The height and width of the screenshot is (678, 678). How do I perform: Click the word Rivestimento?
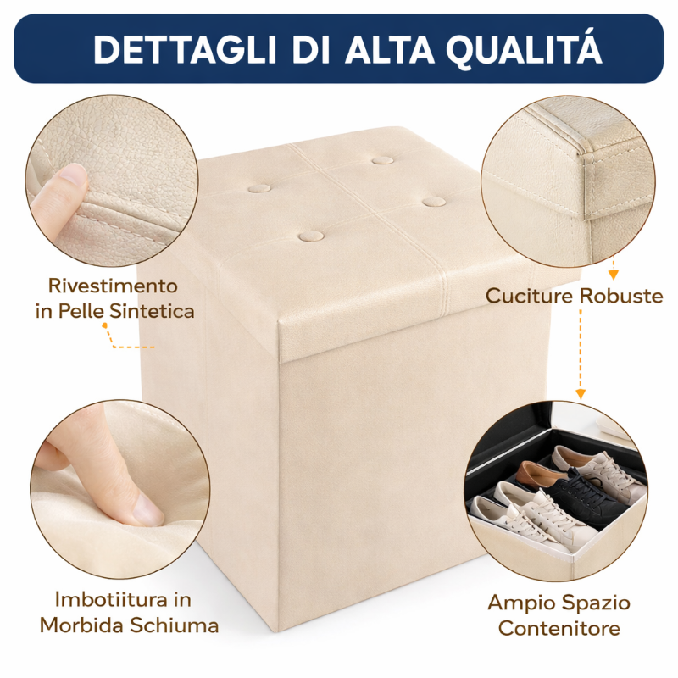click(113, 285)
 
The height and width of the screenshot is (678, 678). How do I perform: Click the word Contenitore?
click(559, 629)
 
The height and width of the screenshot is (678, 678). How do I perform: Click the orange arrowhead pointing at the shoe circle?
click(581, 394)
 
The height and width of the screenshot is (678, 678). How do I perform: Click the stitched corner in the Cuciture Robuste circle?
click(585, 153)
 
